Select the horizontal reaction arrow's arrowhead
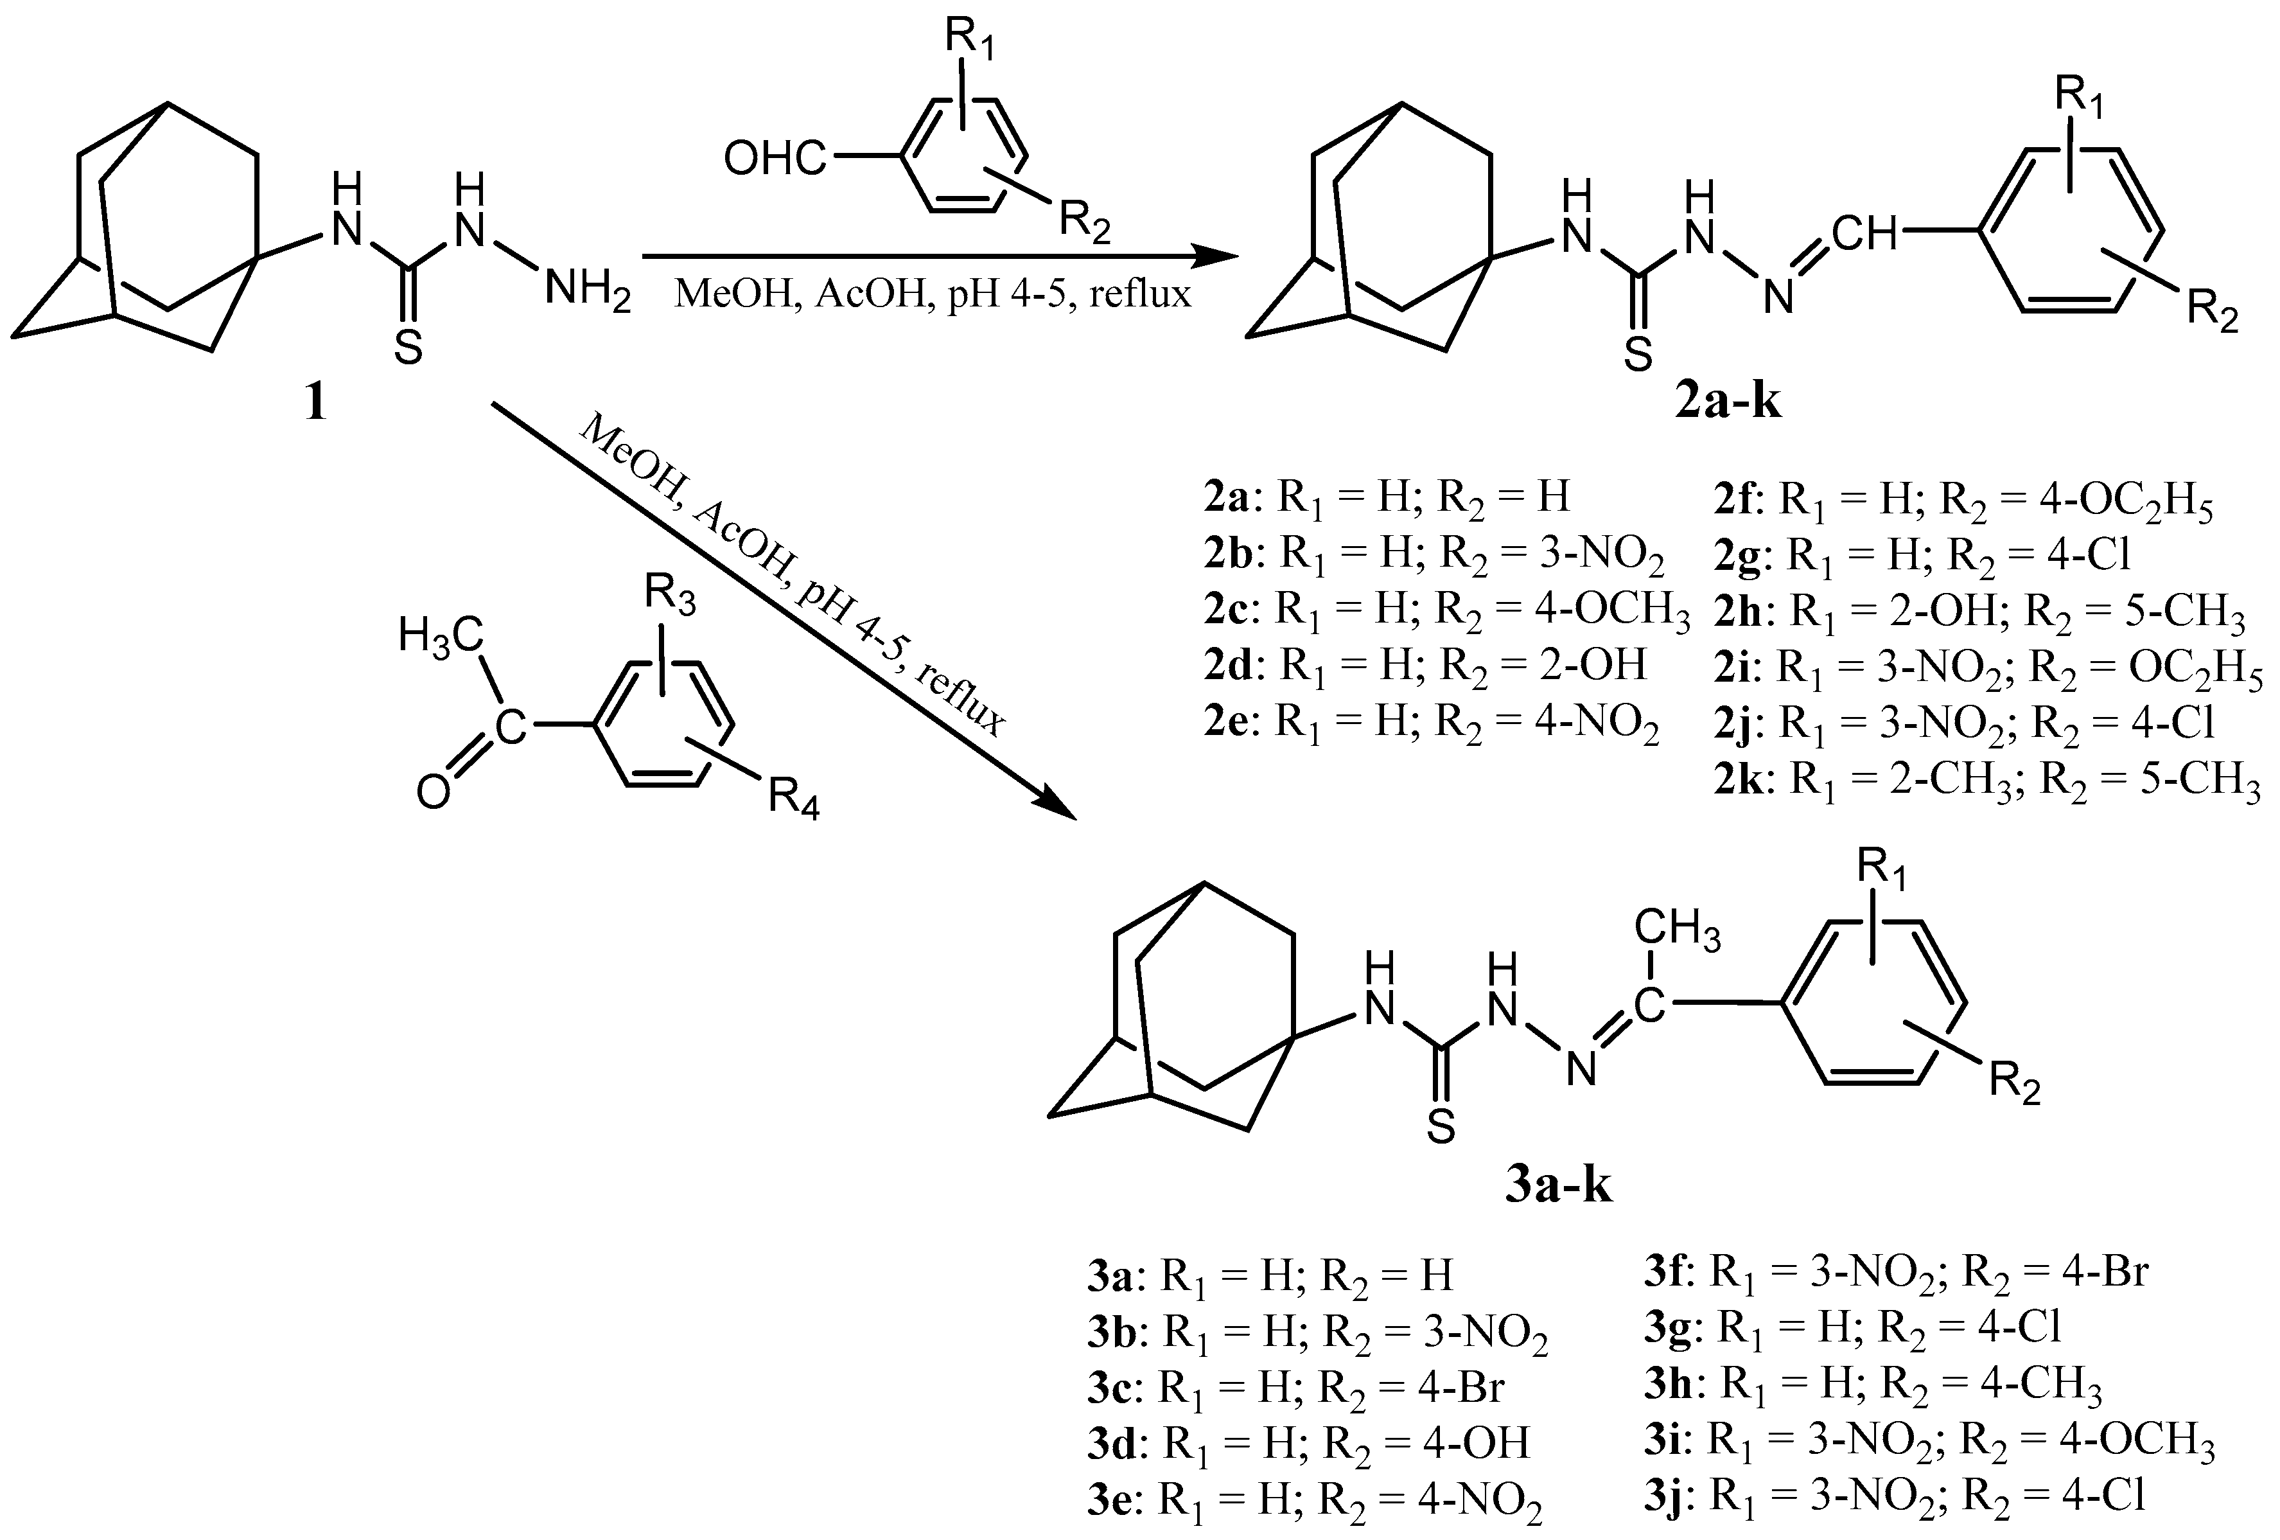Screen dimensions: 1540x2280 tap(1216, 257)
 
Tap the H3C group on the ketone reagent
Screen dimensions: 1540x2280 tap(441, 637)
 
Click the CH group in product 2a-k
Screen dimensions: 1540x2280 tap(1865, 234)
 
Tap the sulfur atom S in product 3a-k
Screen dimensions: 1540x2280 tap(1439, 1129)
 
